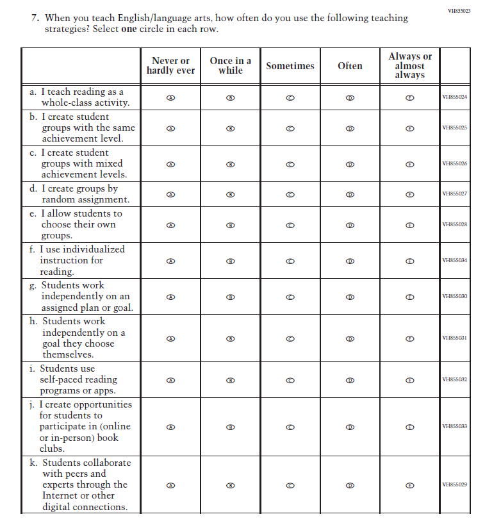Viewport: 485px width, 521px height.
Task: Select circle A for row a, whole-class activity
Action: coord(170,97)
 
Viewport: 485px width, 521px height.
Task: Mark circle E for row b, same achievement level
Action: coord(410,128)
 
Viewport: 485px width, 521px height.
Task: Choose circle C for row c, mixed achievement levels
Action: coord(290,164)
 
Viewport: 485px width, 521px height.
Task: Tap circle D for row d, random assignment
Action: coord(350,194)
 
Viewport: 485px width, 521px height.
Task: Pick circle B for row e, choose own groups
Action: coord(231,225)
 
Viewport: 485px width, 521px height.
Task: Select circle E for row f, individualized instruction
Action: coord(410,261)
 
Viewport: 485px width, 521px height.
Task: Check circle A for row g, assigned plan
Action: coord(170,297)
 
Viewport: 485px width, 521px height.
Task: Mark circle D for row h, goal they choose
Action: coord(350,338)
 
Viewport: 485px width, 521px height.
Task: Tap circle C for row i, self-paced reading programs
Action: coord(290,380)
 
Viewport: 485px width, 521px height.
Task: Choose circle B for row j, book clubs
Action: coord(231,427)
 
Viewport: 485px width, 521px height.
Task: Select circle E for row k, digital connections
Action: coord(410,485)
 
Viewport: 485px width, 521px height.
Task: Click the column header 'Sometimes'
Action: coord(290,66)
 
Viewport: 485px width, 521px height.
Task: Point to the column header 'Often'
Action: coord(350,66)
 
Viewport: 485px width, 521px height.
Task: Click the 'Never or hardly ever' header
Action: coord(170,66)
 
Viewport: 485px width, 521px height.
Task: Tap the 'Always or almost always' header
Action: coord(410,66)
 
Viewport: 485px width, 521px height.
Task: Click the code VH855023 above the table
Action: coord(459,11)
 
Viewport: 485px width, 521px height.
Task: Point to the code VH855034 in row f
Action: coord(455,261)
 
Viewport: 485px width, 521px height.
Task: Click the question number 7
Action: coord(35,18)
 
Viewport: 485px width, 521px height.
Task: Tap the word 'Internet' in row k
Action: coord(60,495)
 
